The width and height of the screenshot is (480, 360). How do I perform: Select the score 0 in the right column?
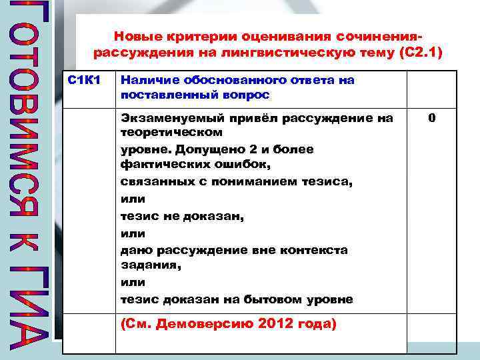point(432,119)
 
